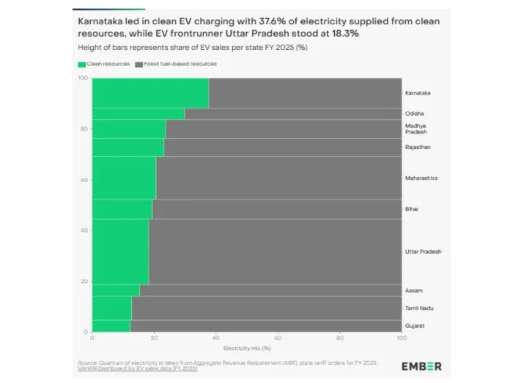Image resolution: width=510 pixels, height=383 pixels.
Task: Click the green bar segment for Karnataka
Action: pyautogui.click(x=149, y=93)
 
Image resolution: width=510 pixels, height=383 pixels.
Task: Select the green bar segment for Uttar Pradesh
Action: pyautogui.click(x=120, y=252)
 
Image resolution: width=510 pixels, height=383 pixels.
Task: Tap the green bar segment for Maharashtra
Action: pyautogui.click(x=124, y=178)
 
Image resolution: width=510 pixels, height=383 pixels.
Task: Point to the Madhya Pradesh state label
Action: pyautogui.click(x=415, y=129)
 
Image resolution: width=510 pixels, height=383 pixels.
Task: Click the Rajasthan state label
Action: pyautogui.click(x=418, y=147)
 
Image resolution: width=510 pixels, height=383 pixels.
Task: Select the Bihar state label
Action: pyautogui.click(x=412, y=209)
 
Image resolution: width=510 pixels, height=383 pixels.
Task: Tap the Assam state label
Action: pyautogui.click(x=414, y=291)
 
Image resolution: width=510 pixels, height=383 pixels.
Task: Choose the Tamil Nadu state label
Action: pyautogui.click(x=418, y=307)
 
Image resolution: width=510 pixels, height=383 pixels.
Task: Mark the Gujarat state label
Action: pyautogui.click(x=415, y=325)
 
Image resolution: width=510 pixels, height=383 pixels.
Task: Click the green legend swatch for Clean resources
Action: pyautogui.click(x=81, y=65)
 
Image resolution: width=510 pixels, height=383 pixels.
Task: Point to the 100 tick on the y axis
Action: pyautogui.click(x=84, y=79)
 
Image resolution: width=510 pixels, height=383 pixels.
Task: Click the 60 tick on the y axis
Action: pyautogui.click(x=85, y=180)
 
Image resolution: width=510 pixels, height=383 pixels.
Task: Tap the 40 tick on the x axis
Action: pyautogui.click(x=215, y=338)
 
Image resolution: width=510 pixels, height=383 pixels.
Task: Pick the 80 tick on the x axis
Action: pyautogui.click(x=339, y=338)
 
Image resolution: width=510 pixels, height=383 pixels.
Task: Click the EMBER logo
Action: pyautogui.click(x=421, y=366)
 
